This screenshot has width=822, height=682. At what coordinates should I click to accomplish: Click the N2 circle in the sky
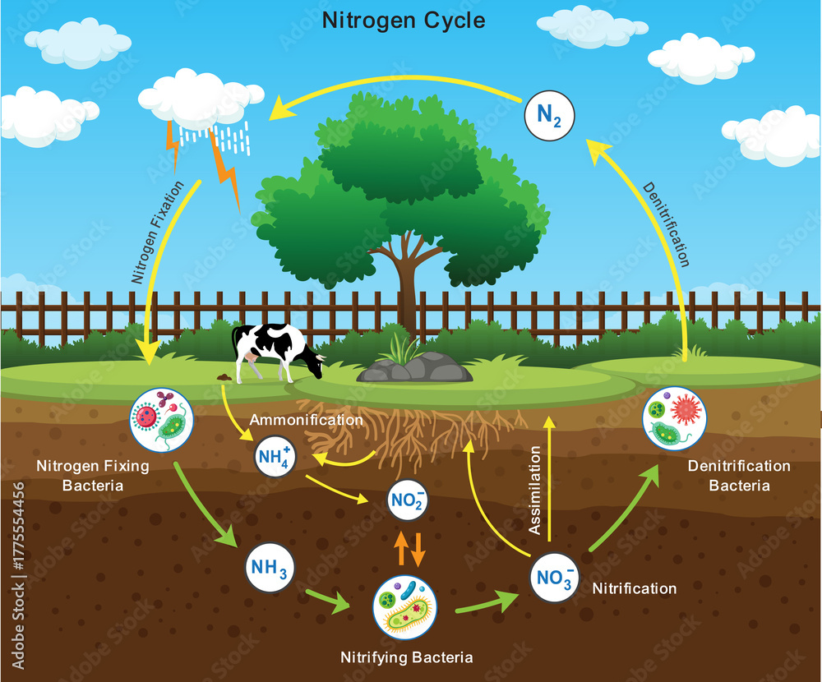click(549, 115)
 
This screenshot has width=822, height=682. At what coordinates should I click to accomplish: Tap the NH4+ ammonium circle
click(275, 457)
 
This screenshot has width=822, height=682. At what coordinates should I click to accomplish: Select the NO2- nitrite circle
click(407, 500)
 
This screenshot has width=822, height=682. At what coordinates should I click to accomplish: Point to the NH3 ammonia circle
click(270, 568)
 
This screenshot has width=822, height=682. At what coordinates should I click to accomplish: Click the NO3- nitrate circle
click(554, 578)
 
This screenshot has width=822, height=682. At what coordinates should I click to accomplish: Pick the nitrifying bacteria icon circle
click(404, 607)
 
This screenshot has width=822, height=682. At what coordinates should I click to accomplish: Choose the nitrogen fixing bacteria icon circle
click(161, 420)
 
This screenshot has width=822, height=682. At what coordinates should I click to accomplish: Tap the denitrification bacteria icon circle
click(674, 417)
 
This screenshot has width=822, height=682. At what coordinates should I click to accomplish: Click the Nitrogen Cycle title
click(404, 21)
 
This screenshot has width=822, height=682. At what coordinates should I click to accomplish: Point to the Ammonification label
click(306, 420)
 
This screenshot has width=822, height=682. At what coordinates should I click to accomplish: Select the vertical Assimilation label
click(535, 491)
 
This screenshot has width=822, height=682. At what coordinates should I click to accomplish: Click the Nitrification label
click(635, 588)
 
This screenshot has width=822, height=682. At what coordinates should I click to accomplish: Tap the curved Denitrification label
click(667, 224)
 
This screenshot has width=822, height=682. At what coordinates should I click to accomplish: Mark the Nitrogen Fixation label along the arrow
click(157, 233)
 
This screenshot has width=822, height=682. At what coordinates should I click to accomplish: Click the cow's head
click(316, 364)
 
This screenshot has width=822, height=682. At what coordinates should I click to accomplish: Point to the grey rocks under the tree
click(414, 367)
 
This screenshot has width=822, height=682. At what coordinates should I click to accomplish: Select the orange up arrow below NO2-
click(401, 548)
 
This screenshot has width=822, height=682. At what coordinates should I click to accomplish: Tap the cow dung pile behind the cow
click(224, 377)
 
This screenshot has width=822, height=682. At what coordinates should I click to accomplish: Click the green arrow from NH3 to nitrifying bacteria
click(328, 601)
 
